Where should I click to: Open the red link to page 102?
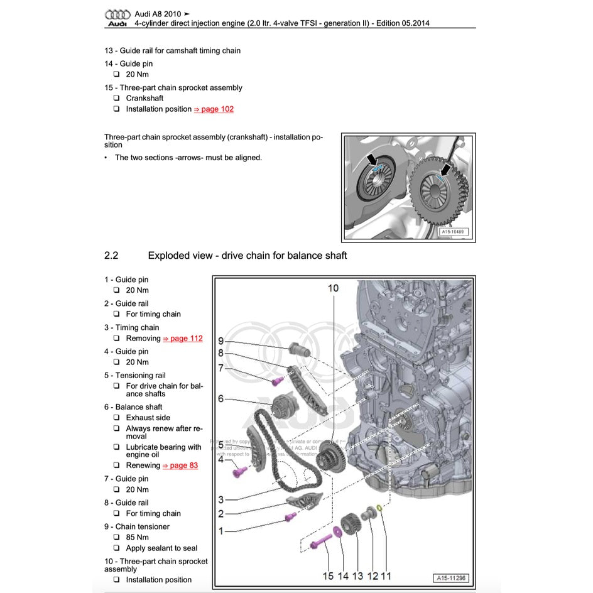click(214, 109)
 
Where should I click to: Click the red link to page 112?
click(183, 339)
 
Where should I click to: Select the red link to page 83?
click(180, 465)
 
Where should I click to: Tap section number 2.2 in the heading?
click(111, 256)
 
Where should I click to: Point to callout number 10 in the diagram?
click(333, 288)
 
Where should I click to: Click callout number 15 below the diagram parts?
click(328, 575)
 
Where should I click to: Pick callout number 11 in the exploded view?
click(386, 575)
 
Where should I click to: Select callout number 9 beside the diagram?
click(221, 340)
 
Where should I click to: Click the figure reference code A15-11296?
click(451, 578)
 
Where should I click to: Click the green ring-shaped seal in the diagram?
click(381, 508)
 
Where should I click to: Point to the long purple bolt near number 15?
click(320, 540)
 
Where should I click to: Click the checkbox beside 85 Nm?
click(117, 538)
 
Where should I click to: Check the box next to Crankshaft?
click(117, 99)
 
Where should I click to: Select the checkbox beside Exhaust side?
click(117, 418)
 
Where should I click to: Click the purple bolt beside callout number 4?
click(239, 469)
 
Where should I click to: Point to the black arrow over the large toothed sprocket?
click(445, 170)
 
